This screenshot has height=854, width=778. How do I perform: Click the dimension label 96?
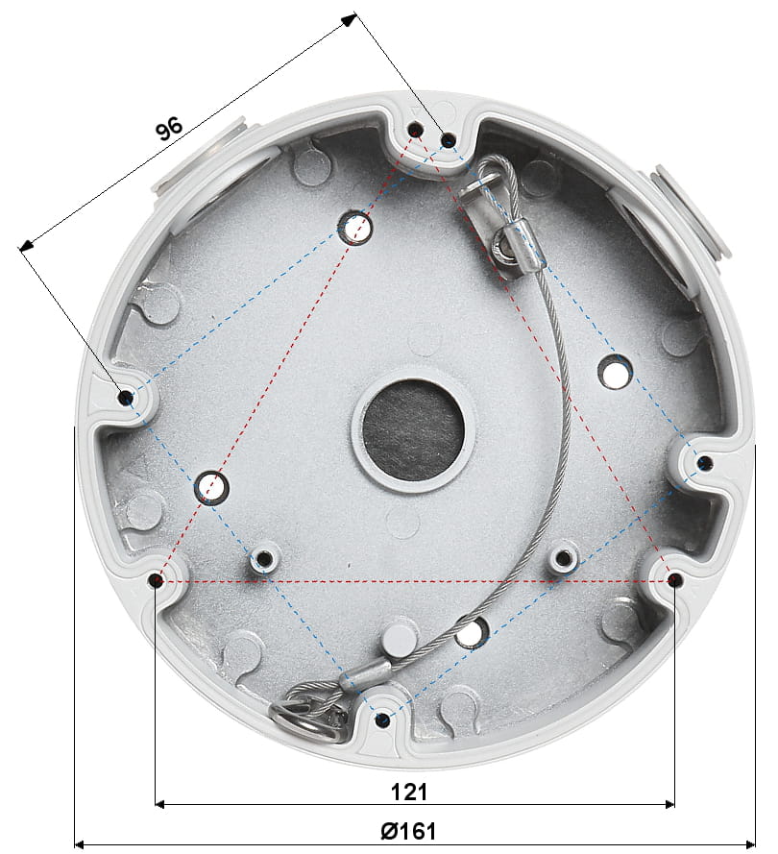point(169,128)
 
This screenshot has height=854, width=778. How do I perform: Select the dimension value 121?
point(409,792)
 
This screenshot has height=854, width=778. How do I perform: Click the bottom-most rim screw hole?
point(382,719)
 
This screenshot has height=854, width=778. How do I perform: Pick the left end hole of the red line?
point(157,580)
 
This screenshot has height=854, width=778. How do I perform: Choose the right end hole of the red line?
point(674,580)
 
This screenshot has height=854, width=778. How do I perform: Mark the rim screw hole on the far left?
point(125,396)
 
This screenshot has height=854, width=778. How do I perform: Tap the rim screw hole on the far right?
point(704,463)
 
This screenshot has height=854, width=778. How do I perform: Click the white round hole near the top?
point(356,227)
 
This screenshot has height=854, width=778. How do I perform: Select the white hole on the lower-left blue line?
point(212,487)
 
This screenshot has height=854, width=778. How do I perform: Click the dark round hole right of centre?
point(615,368)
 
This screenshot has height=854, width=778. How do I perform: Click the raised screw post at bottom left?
point(262,559)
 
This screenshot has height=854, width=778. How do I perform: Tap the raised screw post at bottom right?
point(564,557)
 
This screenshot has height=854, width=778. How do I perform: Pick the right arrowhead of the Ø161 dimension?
point(750,843)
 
